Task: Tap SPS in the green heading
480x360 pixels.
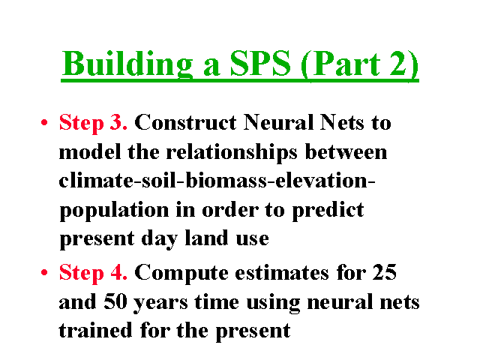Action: click(260, 63)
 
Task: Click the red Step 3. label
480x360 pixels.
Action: click(93, 123)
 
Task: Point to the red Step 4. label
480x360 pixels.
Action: click(93, 273)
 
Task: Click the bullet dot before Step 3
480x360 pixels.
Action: click(44, 122)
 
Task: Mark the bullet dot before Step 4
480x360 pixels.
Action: click(44, 272)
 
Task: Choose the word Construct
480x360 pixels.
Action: click(185, 122)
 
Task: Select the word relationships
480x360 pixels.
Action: click(232, 153)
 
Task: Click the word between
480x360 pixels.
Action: click(346, 152)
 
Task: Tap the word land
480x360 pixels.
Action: click(207, 238)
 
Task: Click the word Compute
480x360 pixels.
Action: click(181, 273)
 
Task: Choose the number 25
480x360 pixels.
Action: click(385, 272)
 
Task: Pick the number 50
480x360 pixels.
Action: click(115, 301)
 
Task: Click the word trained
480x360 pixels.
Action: click(95, 330)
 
